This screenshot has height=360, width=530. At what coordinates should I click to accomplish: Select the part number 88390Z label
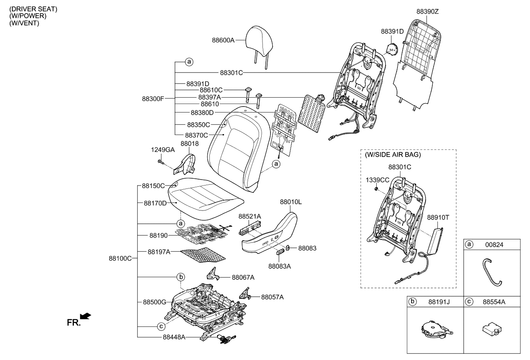(x=427, y=11)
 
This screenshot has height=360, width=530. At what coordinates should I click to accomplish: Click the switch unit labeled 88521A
(x=249, y=229)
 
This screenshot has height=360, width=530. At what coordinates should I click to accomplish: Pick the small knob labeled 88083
(x=288, y=248)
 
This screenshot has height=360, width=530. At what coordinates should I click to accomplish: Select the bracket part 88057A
(x=245, y=294)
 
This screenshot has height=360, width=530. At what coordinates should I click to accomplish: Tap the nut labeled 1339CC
(x=376, y=188)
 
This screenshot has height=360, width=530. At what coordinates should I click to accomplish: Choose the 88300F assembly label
(x=153, y=98)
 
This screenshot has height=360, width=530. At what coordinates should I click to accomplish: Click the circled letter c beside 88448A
(x=161, y=326)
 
